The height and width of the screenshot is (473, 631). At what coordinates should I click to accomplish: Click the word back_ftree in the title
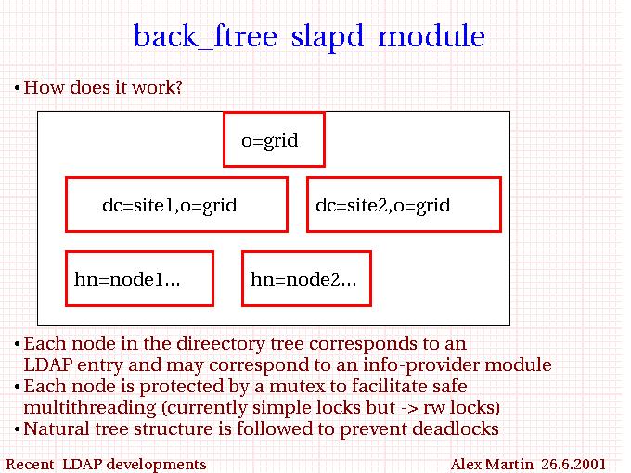coord(205,36)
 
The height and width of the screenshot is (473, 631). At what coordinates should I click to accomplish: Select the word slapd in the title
coord(328,37)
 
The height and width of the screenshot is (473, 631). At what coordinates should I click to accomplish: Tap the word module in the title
coord(431,35)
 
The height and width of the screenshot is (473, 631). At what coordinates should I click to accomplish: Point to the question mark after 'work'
coord(178,87)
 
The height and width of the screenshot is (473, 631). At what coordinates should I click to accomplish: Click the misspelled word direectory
coord(221,344)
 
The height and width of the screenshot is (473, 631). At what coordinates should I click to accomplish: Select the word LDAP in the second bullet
coord(48,364)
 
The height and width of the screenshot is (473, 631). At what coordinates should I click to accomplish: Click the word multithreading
coord(90,408)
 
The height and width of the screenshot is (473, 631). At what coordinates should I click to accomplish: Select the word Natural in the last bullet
coord(57,428)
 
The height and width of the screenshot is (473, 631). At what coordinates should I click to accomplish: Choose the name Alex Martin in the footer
coord(492,464)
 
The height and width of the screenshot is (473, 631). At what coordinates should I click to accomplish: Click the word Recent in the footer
coord(30,464)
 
